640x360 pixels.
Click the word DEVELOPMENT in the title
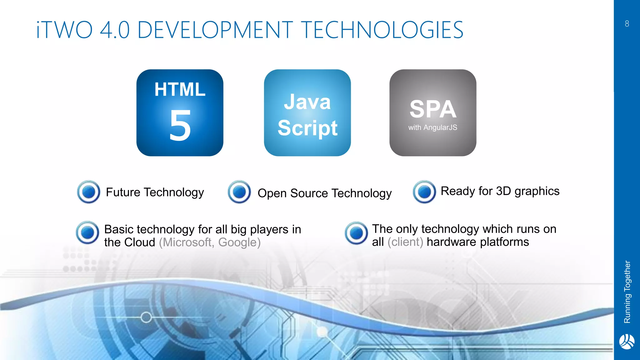(x=215, y=30)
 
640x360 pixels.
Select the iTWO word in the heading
(x=64, y=30)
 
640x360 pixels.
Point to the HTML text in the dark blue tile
(x=180, y=89)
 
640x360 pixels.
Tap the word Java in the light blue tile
(x=307, y=102)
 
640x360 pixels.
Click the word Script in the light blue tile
(x=307, y=128)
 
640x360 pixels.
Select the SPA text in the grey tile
(x=433, y=109)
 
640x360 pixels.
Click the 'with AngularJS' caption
(x=433, y=127)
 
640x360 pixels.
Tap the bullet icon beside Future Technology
(x=89, y=192)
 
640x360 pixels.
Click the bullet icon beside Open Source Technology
(x=239, y=192)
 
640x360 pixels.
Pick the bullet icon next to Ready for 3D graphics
(x=424, y=192)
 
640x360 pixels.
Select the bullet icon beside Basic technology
(x=87, y=233)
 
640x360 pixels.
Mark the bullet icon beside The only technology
(x=356, y=233)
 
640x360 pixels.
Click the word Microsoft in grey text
(x=187, y=242)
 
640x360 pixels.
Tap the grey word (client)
(x=405, y=242)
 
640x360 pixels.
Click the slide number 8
(x=627, y=24)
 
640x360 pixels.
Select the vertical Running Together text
(x=627, y=292)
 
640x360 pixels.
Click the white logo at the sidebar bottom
(x=627, y=342)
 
